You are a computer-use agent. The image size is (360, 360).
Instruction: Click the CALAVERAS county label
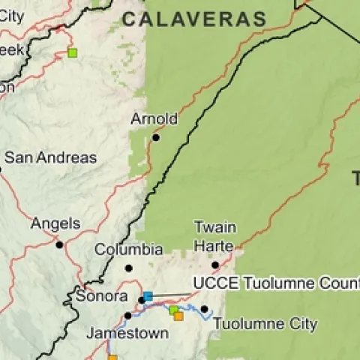[194, 19]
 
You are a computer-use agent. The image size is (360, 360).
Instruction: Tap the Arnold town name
[154, 118]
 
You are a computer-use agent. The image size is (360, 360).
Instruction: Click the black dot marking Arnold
[157, 137]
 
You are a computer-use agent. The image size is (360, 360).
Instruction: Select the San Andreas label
[50, 157]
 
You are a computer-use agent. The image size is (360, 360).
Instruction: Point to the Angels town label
[55, 223]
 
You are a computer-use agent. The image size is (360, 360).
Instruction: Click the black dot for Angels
[59, 244]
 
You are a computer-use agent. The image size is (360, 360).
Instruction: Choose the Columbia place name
[129, 249]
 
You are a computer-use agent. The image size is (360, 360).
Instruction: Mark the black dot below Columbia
[128, 268]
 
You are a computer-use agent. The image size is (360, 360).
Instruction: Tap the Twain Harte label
[215, 236]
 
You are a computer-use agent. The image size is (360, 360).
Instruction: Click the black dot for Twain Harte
[215, 265]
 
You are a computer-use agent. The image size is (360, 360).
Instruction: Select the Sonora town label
[101, 296]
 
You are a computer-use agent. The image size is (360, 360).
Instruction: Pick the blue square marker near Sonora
[148, 296]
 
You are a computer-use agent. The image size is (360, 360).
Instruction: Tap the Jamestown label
[127, 333]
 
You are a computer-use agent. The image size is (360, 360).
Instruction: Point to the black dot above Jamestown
[127, 315]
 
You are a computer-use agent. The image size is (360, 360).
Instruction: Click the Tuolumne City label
[265, 325]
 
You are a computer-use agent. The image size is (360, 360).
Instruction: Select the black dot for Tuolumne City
[204, 309]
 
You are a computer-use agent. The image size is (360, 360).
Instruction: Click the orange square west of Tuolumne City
[178, 316]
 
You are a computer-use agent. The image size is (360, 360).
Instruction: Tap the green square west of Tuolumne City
[173, 309]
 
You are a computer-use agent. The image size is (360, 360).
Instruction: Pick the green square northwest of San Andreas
[72, 52]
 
